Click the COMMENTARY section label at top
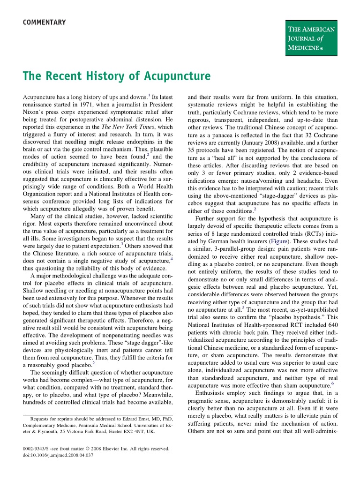[x=45, y=22]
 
